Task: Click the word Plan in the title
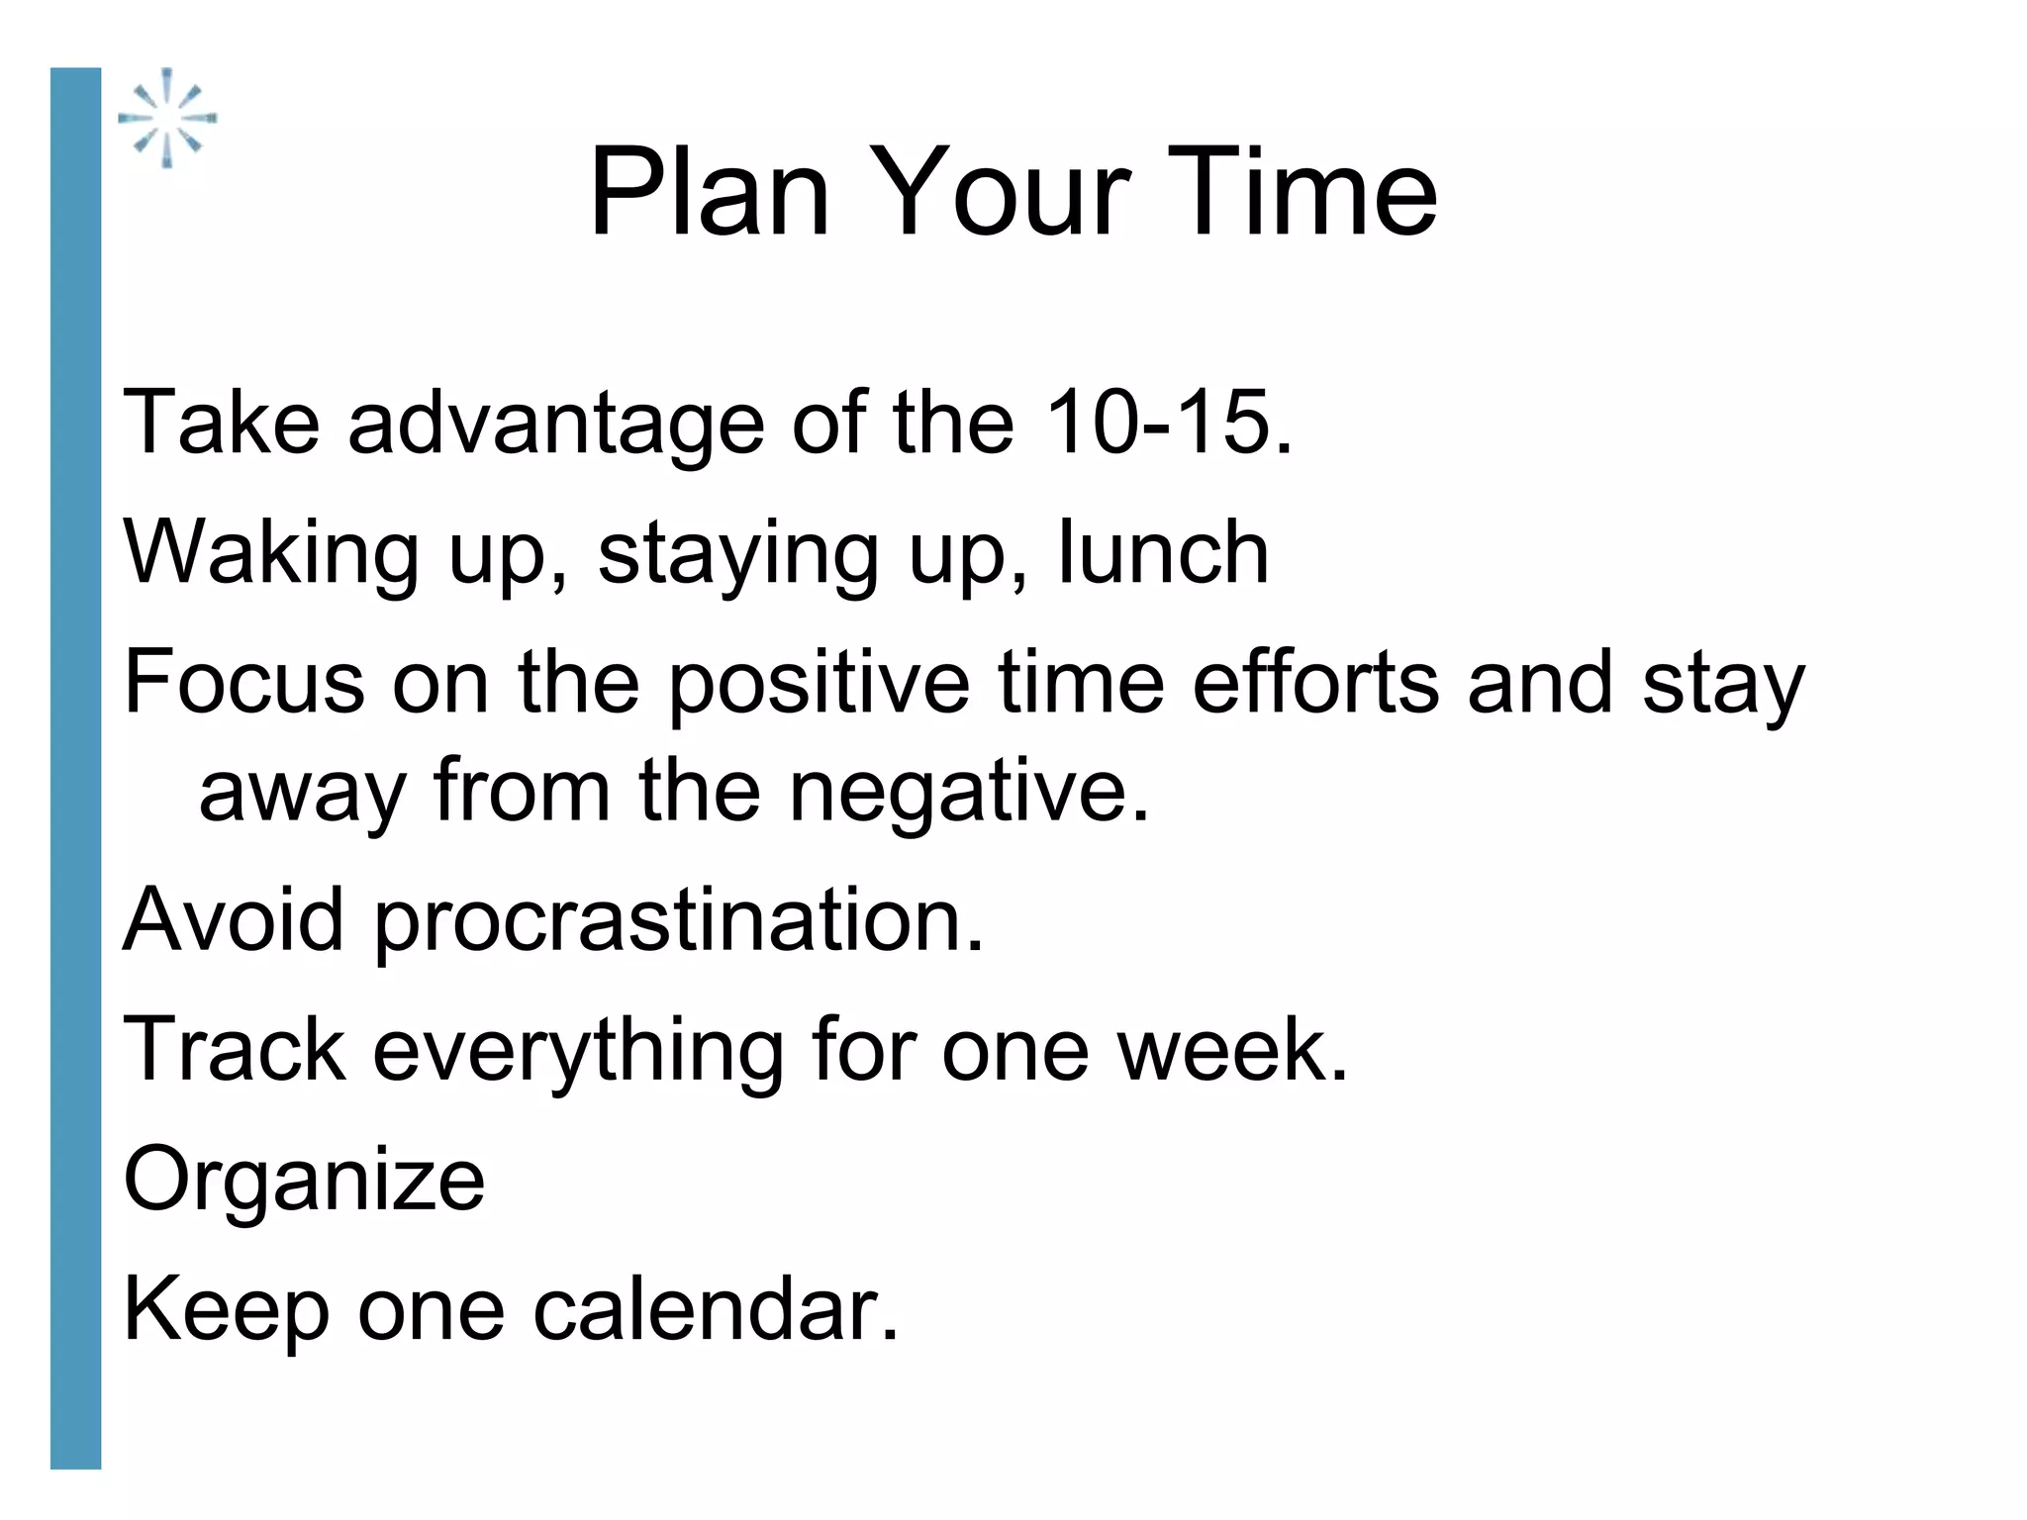[x=709, y=192]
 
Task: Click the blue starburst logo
[x=167, y=118]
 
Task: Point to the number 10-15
[x=1168, y=424]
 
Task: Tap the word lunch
[x=1164, y=552]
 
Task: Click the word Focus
[x=243, y=683]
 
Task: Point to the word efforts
[x=1315, y=683]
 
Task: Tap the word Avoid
[x=234, y=920]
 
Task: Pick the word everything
[x=578, y=1051]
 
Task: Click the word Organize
[x=304, y=1182]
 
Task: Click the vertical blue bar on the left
[x=75, y=768]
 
